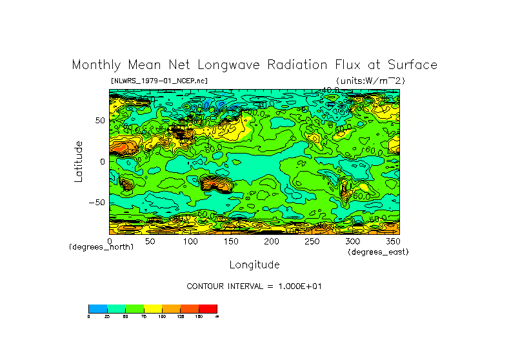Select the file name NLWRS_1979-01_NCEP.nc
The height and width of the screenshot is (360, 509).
click(159, 81)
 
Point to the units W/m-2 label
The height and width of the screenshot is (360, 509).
click(370, 81)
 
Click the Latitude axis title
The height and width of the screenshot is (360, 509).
click(79, 161)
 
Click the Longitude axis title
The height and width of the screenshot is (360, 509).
click(254, 265)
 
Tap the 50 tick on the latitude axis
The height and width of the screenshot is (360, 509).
click(99, 121)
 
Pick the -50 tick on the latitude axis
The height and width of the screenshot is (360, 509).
click(97, 203)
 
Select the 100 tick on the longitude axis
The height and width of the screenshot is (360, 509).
click(190, 241)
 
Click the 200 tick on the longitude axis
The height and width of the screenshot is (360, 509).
click(272, 241)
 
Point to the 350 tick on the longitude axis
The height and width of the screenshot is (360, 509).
click(392, 241)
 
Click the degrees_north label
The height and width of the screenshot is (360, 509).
click(101, 247)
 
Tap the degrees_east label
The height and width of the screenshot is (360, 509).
click(378, 252)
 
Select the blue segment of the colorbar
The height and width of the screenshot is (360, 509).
click(97, 308)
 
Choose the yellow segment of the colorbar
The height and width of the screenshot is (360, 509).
click(152, 308)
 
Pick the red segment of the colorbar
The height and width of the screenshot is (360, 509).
click(208, 308)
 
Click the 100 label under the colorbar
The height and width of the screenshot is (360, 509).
click(162, 317)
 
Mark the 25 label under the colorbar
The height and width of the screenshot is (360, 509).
click(106, 317)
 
